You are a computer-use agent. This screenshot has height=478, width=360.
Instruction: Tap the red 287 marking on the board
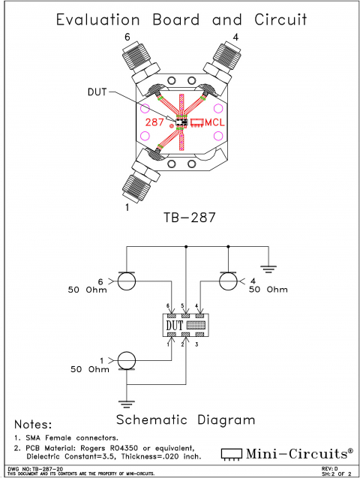[156, 121]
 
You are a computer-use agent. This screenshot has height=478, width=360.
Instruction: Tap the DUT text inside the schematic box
[174, 326]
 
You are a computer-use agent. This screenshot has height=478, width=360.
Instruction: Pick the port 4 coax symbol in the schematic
[228, 282]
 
